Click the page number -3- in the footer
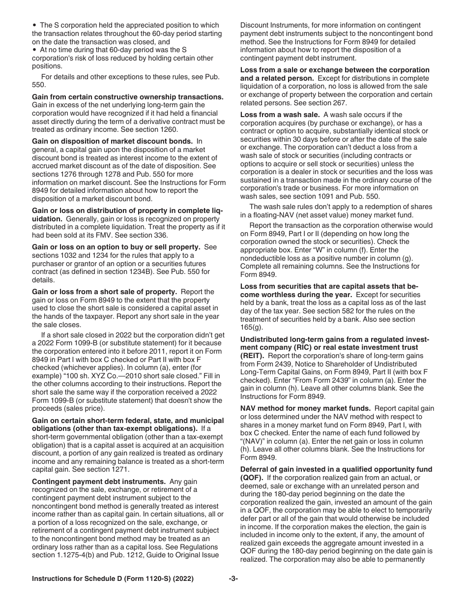tap(233, 579)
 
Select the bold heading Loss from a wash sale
tap(279, 115)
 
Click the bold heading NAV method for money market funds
tap(305, 408)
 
